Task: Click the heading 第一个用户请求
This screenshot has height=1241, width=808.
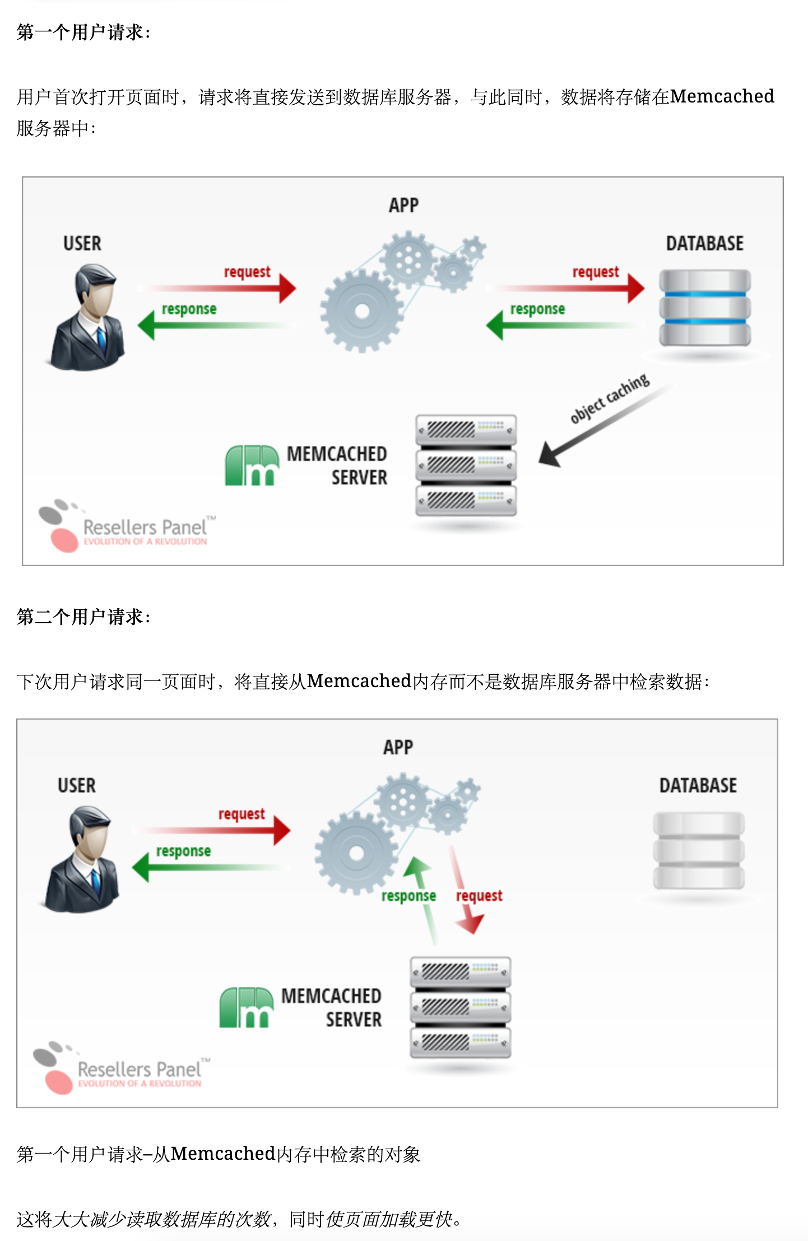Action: coord(83,32)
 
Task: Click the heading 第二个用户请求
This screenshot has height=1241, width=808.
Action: coord(83,617)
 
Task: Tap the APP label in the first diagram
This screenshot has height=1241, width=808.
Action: coord(403,205)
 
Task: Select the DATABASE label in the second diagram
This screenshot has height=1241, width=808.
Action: coord(698,785)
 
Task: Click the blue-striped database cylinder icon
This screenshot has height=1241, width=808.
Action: coord(704,308)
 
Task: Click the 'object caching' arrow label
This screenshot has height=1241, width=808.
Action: coord(610,398)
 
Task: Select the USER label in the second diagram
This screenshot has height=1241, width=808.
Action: coord(77,785)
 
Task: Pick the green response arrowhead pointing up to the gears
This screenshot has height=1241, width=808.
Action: coord(416,866)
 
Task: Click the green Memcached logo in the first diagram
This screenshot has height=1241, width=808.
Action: coord(252,465)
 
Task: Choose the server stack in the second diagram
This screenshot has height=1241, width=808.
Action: coord(460,1007)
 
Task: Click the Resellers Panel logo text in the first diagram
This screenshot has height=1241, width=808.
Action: coord(145,528)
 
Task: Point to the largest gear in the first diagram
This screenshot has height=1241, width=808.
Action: coord(362,311)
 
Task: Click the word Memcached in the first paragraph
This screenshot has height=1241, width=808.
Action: coord(722,96)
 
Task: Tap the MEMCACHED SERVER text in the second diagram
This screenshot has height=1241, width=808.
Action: coord(332,1007)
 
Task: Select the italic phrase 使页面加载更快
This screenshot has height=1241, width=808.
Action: coord(389,1219)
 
